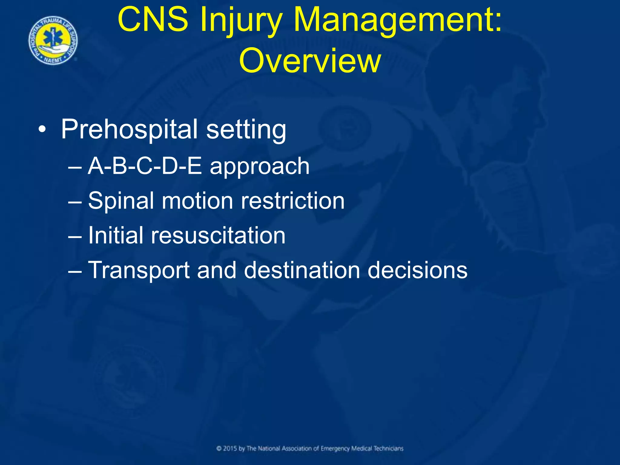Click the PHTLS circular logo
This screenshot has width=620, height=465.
point(53,41)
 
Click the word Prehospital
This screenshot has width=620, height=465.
point(129,130)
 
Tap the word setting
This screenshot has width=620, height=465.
point(246,130)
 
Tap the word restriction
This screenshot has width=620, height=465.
point(292,201)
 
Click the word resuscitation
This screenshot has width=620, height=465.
point(218,236)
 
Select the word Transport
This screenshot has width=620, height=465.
point(139,270)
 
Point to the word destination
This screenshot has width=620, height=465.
point(302,270)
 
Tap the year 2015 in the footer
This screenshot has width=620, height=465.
point(230,449)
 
